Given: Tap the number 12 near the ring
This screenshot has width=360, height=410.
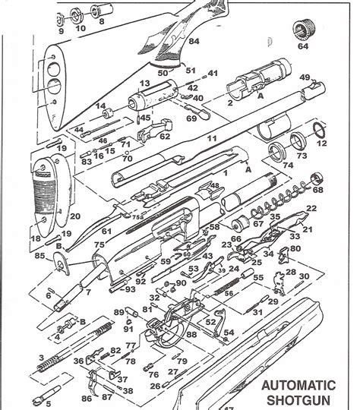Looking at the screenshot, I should [321, 143].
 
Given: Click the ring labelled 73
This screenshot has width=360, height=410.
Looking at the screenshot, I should [302, 155].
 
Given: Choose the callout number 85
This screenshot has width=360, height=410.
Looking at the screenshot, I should [38, 256].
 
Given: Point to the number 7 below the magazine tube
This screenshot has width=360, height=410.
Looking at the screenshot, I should [87, 292].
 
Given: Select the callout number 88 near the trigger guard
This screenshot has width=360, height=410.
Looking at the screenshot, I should [191, 335].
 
